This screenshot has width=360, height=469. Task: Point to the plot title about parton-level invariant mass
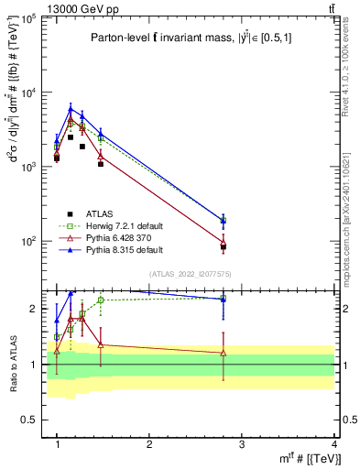tap(192, 38)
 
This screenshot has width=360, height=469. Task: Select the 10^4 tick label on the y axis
tap(30, 93)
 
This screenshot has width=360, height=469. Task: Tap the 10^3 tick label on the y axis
tap(30, 168)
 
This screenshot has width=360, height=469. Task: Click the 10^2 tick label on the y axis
tap(30, 242)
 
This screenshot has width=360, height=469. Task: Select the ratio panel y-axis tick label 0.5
tap(30, 420)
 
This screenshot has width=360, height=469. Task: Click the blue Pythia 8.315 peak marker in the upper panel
tap(71, 109)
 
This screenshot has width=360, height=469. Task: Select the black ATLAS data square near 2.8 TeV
tap(224, 247)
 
